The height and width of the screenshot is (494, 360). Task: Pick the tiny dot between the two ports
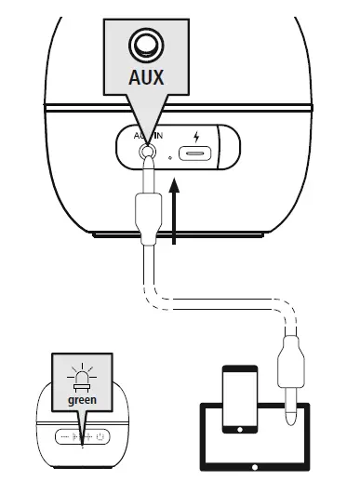[x=170, y=157]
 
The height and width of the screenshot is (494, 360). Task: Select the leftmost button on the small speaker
[x=62, y=434]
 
